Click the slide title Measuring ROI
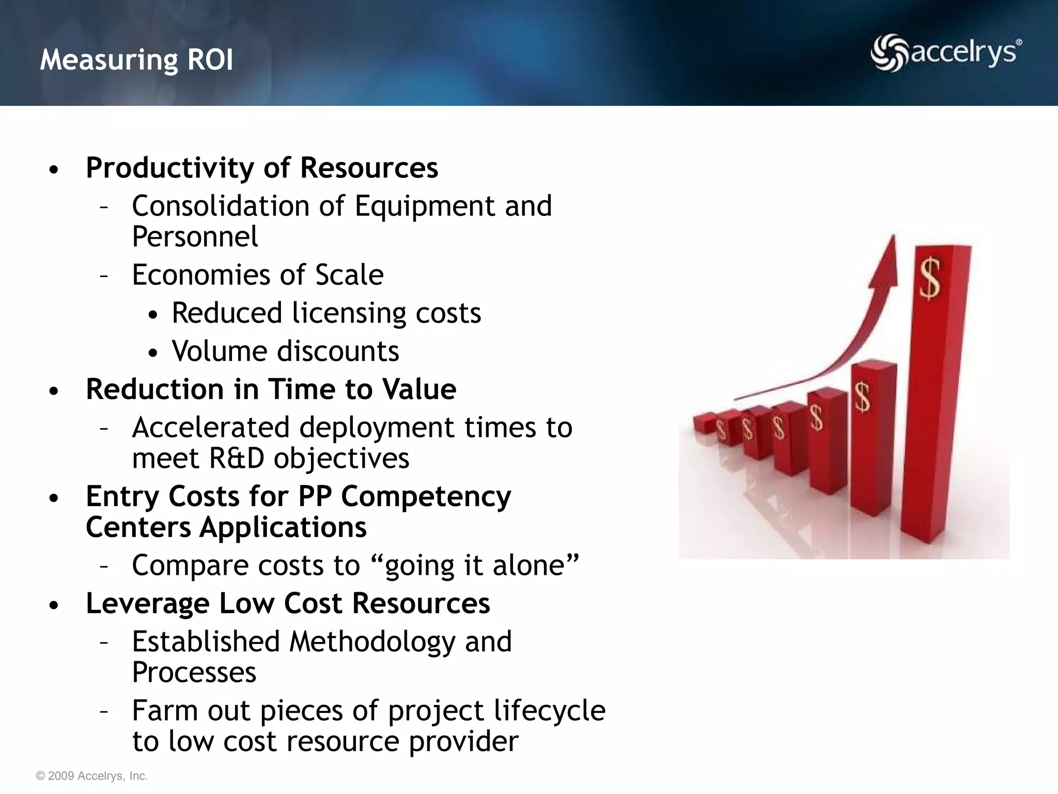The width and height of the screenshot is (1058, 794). pyautogui.click(x=136, y=59)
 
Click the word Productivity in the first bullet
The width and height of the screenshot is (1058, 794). pyautogui.click(x=169, y=168)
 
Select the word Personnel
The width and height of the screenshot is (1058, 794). pyautogui.click(x=195, y=237)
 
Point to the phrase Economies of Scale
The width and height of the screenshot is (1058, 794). pyautogui.click(x=257, y=275)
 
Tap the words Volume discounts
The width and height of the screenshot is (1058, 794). pyautogui.click(x=285, y=352)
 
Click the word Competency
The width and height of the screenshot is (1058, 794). pyautogui.click(x=426, y=496)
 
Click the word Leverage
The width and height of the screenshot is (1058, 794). pyautogui.click(x=147, y=603)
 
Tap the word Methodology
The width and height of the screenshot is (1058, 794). pyautogui.click(x=371, y=642)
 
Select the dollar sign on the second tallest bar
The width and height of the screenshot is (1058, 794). pyautogui.click(x=862, y=397)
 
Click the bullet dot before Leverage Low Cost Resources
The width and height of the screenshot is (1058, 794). pyautogui.click(x=54, y=605)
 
